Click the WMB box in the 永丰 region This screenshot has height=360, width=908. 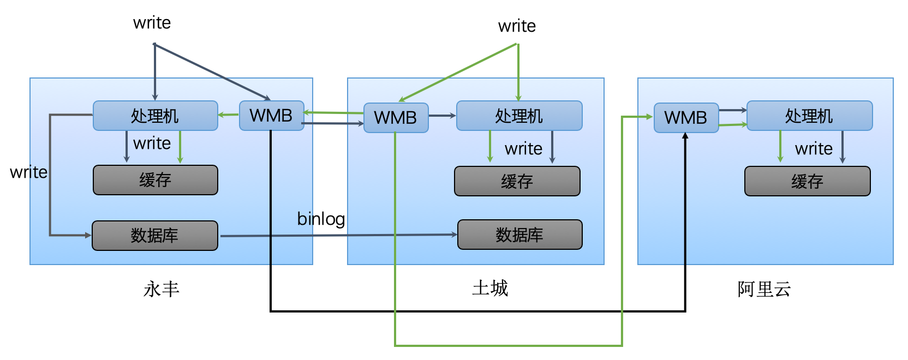click(271, 116)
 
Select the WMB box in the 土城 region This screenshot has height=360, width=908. click(396, 118)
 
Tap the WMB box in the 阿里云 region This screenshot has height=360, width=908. click(686, 118)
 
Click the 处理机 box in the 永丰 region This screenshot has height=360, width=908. click(155, 116)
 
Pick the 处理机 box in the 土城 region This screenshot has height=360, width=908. click(519, 116)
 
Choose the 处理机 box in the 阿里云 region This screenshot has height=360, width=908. click(809, 116)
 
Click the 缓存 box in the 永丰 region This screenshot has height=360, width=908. click(155, 180)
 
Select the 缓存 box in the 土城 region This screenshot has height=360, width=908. click(517, 181)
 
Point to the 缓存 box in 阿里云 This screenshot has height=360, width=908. click(807, 181)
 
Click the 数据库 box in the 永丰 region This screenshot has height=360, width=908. click(154, 236)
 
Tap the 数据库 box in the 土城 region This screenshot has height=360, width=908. click(519, 235)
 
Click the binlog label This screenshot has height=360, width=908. click(321, 219)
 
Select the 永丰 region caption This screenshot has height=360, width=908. click(162, 289)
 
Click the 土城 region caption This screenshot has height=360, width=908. click(490, 287)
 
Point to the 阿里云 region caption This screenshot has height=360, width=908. click(764, 289)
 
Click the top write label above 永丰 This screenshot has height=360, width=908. click(152, 23)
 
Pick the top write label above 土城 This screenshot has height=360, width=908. click(517, 26)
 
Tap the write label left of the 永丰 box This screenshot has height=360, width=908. click(28, 172)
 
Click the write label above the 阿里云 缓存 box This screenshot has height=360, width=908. click(814, 149)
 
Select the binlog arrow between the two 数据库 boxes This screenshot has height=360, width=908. click(338, 236)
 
